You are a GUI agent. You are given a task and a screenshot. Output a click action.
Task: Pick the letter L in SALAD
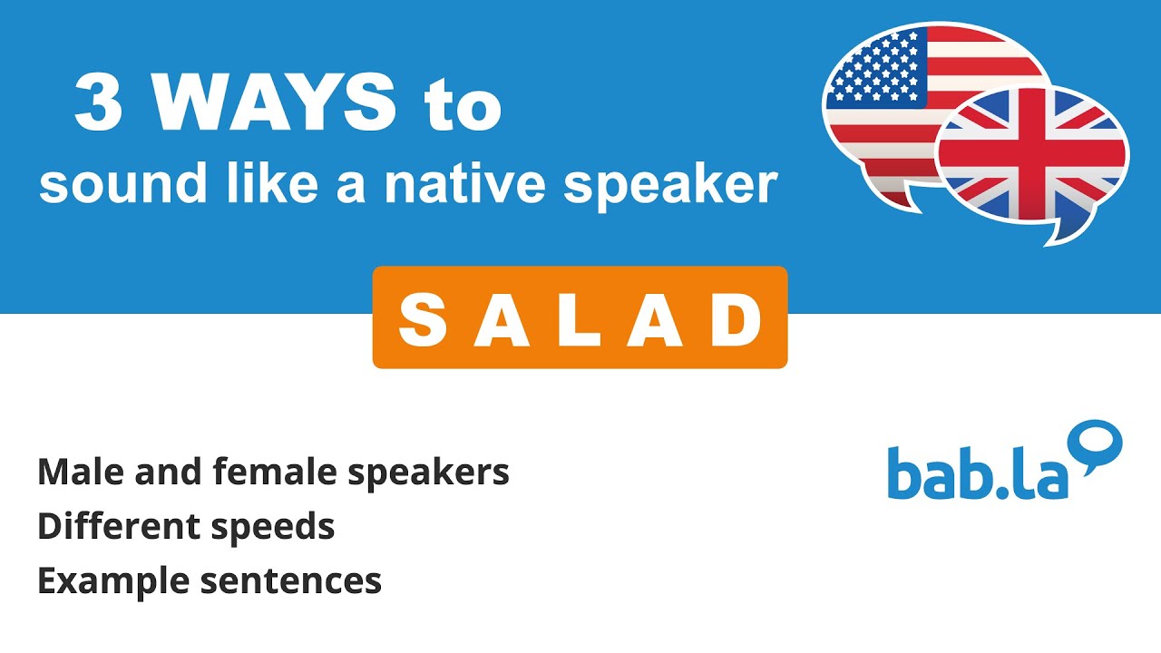580,320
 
